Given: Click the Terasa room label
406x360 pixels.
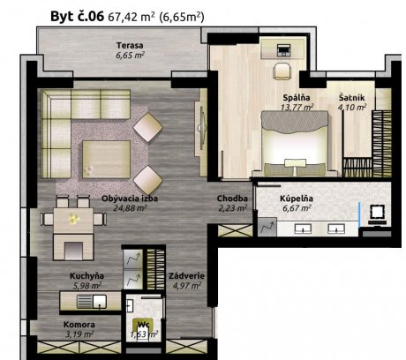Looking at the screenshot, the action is (x=130, y=46).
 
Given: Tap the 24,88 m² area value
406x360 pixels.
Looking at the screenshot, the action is (x=130, y=208).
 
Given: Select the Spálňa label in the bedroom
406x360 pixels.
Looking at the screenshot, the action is (x=297, y=98).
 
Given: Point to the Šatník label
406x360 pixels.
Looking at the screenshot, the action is (x=351, y=98).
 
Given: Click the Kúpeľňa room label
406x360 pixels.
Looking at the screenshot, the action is (x=297, y=199).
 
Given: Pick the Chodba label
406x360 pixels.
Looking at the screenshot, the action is (x=232, y=199).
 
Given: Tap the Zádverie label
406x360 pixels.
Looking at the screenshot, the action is (x=186, y=276).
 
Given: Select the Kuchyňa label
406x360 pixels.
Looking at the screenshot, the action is (x=86, y=276).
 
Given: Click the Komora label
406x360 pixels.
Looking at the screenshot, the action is (x=79, y=325).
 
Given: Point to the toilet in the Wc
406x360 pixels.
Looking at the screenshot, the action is (x=144, y=329).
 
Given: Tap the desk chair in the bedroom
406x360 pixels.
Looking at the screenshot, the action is (x=282, y=71).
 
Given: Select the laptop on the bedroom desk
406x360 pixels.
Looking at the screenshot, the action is (x=283, y=50).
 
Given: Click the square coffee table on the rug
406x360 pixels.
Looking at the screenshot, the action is (x=106, y=159).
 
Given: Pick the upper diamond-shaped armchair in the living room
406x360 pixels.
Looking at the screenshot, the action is (x=147, y=128).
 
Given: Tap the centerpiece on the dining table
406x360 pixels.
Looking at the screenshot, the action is (x=73, y=219).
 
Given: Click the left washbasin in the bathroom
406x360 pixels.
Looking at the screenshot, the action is (x=303, y=229).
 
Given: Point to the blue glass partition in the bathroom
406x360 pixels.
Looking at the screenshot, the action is (x=359, y=214).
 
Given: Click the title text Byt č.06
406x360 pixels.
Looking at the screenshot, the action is (x=78, y=16).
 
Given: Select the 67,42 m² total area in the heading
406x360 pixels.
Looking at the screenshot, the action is (x=132, y=17).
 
